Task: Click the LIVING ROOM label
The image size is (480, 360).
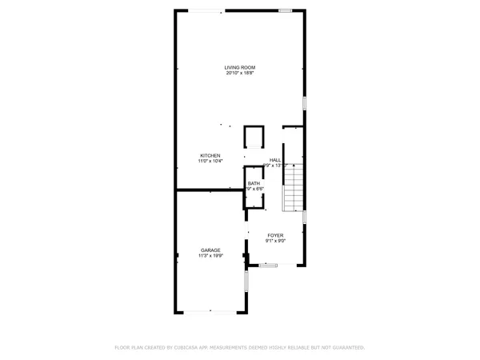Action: [239, 67]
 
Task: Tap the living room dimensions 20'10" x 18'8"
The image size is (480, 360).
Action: [239, 73]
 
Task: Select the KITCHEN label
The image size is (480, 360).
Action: [210, 155]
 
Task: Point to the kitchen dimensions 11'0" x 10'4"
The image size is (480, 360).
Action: [210, 161]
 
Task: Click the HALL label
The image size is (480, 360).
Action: [275, 160]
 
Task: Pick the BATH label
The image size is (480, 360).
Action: [254, 183]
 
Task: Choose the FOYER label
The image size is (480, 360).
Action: [275, 235]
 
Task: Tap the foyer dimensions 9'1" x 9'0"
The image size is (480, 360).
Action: [275, 241]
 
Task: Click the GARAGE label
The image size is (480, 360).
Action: [210, 250]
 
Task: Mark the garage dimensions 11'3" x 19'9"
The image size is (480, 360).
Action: [210, 255]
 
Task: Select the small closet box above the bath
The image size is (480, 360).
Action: [254, 137]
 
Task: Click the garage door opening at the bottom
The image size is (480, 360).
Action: [210, 311]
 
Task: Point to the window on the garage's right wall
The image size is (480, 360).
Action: [246, 279]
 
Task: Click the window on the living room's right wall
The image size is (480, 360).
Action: [304, 104]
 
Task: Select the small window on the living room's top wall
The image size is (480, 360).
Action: [286, 10]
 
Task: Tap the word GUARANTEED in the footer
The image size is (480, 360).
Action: [344, 347]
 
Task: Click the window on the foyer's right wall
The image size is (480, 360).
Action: [304, 217]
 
